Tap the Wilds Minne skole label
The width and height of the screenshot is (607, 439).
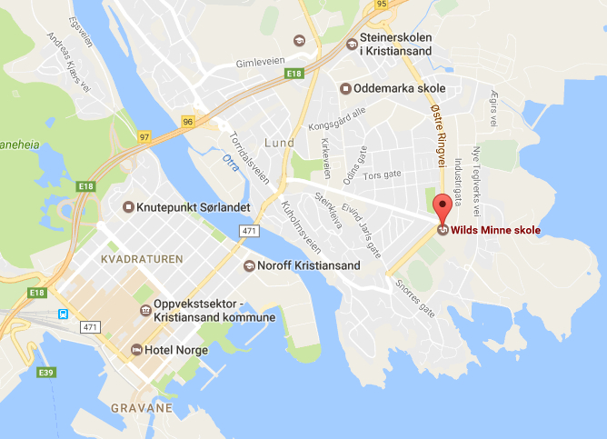pos(495,231)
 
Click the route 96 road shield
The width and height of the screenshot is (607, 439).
pos(188,121)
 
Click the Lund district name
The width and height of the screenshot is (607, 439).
pos(279,143)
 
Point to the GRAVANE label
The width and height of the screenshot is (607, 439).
pos(142,409)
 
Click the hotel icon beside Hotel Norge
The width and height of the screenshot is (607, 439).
pos(136,350)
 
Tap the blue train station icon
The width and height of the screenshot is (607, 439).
pos(63,314)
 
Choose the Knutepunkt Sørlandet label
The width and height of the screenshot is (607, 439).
pos(193,207)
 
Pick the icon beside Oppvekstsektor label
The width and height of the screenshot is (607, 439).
pos(144,311)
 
